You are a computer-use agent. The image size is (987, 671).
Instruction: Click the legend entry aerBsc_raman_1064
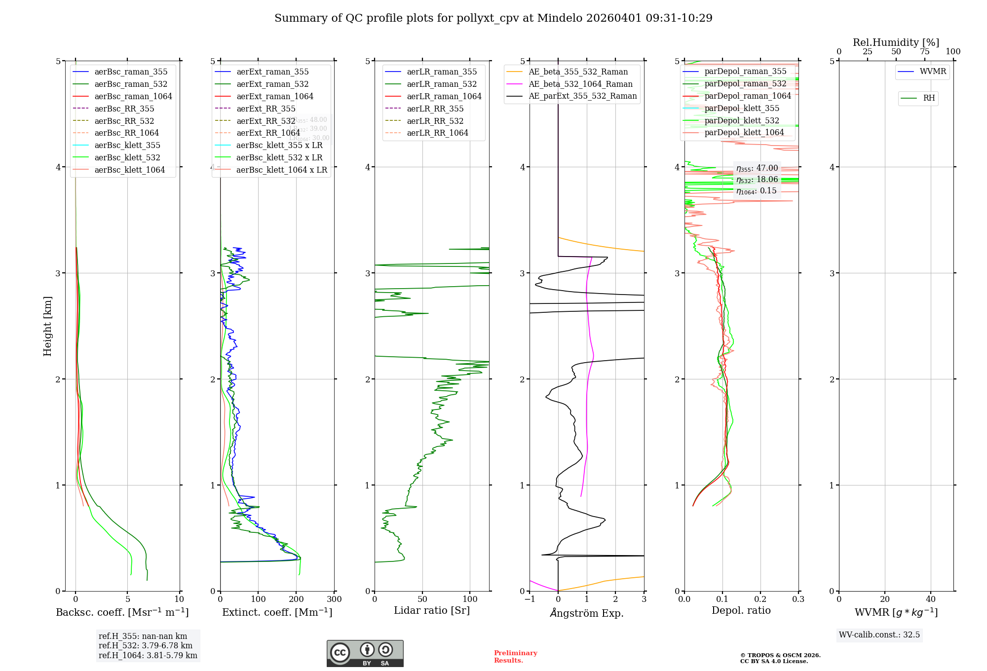(133, 97)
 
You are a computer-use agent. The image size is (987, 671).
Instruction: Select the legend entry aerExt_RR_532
(266, 121)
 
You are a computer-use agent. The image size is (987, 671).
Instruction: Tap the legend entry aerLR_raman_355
(442, 72)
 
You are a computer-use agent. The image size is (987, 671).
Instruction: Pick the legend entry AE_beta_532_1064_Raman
(580, 84)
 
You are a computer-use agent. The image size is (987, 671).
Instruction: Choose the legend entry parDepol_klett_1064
(744, 133)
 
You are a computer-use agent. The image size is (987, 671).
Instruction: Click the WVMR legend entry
(932, 72)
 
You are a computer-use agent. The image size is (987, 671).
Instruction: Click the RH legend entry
(929, 98)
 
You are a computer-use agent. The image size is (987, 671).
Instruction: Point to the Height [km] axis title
(47, 326)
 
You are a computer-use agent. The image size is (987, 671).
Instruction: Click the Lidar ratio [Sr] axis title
(432, 611)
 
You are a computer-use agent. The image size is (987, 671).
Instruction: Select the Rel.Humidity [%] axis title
(896, 42)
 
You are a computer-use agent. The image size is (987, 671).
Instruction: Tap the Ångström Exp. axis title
(587, 613)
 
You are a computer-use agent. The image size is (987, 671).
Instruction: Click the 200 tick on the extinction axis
(296, 599)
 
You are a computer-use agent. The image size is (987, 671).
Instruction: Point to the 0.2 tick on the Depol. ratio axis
(760, 599)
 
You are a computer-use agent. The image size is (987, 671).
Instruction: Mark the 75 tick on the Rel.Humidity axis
(925, 52)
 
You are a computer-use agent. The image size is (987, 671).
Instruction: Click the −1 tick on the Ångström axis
(530, 599)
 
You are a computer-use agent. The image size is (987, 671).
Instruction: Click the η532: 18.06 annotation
(757, 180)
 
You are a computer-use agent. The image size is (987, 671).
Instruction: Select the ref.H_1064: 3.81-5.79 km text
(148, 656)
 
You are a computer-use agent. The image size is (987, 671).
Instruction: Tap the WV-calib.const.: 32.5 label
(879, 635)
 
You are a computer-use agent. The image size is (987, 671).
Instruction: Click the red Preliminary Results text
(515, 657)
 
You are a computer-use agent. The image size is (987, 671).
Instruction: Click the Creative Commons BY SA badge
(365, 654)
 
